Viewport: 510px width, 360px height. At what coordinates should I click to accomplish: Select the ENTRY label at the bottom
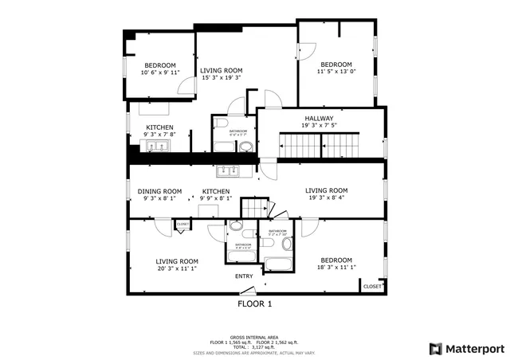tap(244, 276)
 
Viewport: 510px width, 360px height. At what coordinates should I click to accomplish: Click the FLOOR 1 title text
tap(255, 304)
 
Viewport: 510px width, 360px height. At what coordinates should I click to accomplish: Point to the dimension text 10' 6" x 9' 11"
tap(159, 72)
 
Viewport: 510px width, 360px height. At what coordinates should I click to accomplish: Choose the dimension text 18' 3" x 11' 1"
tap(337, 268)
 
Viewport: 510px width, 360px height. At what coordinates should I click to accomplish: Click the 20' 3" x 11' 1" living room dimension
tap(176, 268)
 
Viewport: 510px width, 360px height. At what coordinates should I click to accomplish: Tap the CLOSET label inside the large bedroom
tap(372, 286)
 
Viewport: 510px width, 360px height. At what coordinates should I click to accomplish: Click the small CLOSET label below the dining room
tap(182, 225)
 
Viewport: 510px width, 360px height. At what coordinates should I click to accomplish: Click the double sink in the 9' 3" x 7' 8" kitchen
tap(148, 145)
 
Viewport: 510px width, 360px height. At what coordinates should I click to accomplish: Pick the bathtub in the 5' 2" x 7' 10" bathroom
tap(278, 264)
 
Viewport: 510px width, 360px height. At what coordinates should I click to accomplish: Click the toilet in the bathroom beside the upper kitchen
tap(247, 147)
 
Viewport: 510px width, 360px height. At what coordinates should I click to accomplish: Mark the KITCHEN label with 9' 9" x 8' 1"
tap(216, 191)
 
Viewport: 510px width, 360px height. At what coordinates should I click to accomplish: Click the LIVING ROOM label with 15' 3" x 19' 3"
tap(222, 70)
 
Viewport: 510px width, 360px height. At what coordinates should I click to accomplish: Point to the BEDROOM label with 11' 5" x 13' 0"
tap(335, 65)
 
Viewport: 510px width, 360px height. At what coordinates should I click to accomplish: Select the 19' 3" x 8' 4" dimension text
tap(327, 198)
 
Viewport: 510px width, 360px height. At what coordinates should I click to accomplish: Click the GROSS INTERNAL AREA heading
tap(254, 337)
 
